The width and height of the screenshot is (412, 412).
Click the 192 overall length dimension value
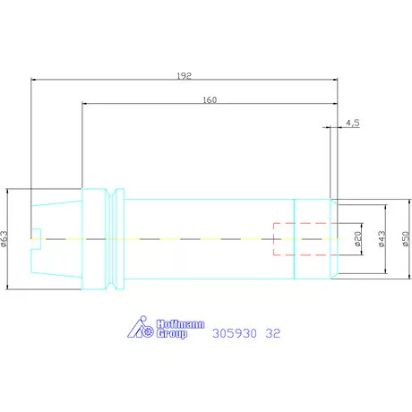184,76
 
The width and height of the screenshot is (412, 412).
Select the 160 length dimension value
210,99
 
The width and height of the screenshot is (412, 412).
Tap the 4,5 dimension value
353,123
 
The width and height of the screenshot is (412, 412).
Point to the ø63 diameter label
4,239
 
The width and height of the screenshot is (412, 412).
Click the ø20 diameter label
358,239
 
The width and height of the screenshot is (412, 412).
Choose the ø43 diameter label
382,239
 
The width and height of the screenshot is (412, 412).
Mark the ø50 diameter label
406,239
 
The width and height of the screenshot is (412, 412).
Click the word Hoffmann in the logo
181,324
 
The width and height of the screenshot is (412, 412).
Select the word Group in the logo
172,334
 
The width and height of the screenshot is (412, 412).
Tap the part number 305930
235,333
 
